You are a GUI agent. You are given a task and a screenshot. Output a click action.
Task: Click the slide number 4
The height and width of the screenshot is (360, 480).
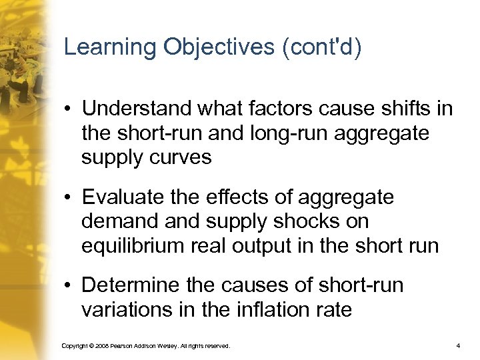click(458, 346)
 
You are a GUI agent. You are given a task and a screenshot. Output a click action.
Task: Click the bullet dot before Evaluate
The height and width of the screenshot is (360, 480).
click(69, 199)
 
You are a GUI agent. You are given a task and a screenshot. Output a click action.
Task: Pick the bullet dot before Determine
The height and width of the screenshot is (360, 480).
click(69, 287)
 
